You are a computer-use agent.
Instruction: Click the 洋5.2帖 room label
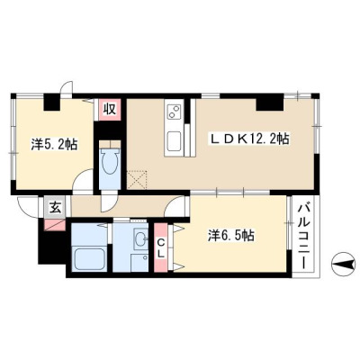[54, 145]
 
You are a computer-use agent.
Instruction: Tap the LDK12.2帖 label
[249, 139]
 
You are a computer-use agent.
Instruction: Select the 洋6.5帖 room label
[231, 236]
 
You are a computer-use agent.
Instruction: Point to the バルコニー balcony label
[304, 236]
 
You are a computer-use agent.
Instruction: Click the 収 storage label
[110, 109]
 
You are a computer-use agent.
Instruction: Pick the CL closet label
[161, 247]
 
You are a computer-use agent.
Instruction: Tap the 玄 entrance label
[55, 208]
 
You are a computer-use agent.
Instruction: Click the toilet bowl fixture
[110, 161]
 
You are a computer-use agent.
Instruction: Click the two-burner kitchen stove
[174, 112]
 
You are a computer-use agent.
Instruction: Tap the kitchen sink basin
[174, 141]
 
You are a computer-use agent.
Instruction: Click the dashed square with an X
[137, 180]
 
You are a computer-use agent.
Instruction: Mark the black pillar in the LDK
[270, 103]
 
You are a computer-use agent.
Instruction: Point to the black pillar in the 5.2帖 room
[52, 103]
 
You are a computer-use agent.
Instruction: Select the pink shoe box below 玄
[55, 225]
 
